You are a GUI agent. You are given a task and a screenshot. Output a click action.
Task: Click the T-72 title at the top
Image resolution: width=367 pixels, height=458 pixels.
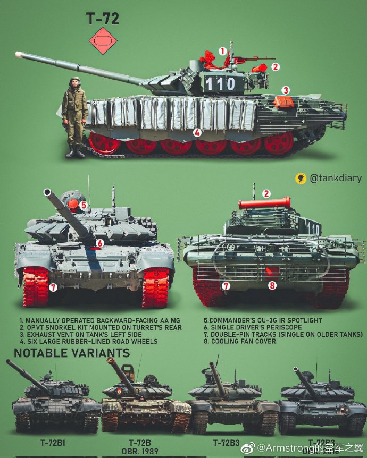102,19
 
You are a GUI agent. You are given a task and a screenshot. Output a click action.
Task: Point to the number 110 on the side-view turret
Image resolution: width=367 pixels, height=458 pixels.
220,83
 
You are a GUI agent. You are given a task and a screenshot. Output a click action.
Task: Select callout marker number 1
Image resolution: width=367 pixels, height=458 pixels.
223,51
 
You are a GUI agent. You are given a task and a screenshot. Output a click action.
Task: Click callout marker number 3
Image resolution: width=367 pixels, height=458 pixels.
286,90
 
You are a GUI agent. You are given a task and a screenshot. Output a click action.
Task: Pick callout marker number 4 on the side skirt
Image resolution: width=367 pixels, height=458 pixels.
197,133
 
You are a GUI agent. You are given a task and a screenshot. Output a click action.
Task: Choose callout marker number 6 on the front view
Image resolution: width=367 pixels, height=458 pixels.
99,243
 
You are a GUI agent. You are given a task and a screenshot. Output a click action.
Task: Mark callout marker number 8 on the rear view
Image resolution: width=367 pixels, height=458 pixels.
272,285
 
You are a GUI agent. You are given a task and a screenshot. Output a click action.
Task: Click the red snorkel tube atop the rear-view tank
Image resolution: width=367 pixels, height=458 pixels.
264,203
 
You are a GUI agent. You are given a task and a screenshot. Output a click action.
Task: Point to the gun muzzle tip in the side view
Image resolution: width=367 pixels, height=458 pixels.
19,54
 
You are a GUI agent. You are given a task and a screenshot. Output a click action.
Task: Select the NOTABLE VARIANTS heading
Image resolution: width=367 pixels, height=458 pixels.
71,353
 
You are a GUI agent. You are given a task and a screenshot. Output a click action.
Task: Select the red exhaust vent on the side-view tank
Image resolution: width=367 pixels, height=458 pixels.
284,101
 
